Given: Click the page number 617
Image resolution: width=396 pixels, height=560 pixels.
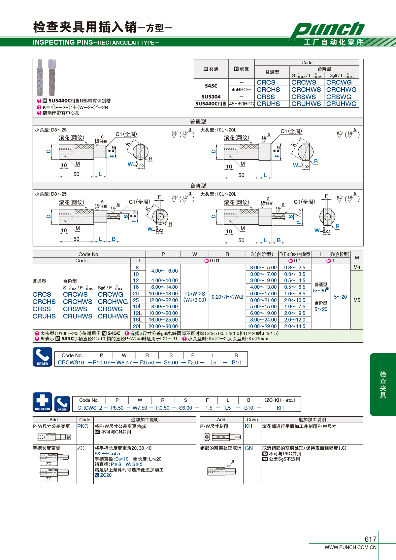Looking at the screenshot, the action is point(370,539).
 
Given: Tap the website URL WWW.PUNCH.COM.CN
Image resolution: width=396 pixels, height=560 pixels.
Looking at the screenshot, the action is point(350,547).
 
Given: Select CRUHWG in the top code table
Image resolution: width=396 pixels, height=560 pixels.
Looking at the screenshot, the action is point(341,104).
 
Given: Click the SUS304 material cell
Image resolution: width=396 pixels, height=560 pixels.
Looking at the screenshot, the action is point(211,97).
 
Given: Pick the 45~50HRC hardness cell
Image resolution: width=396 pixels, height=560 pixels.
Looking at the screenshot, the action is point(242,104).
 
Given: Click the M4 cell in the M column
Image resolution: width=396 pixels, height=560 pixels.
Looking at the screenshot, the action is point(357,268).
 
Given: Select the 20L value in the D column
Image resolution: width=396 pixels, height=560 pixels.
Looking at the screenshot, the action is point(137,326).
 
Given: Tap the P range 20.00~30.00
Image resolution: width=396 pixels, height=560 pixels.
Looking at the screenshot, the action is point(163,326).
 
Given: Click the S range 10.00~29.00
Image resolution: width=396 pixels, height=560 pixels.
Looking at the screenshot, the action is point(262,326).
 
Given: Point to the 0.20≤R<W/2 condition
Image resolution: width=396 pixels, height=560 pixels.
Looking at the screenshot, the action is point(227,297).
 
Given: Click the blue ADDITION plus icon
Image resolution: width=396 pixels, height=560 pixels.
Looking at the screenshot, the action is point(43,402).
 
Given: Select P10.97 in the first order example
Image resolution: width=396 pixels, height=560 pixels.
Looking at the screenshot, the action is point(101,362).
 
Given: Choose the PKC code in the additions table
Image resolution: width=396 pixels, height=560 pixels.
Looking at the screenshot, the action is point(82,426).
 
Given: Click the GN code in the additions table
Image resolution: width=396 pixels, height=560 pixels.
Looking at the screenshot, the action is point(249,448).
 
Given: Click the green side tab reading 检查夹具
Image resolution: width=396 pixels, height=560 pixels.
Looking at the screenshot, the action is point(383,385).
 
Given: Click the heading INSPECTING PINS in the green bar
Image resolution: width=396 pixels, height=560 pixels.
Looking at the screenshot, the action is point(63,42).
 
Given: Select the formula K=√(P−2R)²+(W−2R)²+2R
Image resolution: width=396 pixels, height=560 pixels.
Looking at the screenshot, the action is point(75,107).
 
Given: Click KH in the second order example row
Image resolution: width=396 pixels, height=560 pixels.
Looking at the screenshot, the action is point(280,408).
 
